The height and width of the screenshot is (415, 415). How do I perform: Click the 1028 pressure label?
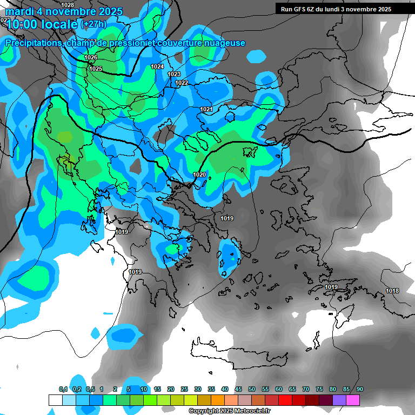(69, 4)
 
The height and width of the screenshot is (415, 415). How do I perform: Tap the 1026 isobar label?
(91, 57)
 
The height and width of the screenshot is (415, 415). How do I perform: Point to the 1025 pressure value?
(96, 69)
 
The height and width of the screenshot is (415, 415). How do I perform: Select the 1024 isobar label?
(157, 66)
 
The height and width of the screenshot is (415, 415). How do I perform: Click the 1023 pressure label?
(174, 74)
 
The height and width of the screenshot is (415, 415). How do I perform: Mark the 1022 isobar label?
(182, 83)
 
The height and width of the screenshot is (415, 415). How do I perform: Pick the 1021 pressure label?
(206, 109)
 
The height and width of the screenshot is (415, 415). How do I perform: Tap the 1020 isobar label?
(199, 175)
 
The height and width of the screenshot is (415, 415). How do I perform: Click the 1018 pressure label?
(392, 291)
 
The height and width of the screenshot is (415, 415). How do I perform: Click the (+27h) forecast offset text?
(93, 24)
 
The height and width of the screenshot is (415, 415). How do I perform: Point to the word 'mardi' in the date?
(19, 11)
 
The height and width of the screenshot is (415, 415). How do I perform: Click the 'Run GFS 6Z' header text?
(303, 9)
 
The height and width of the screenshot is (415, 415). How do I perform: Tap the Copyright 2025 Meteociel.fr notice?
(229, 411)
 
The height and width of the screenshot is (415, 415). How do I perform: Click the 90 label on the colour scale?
(360, 389)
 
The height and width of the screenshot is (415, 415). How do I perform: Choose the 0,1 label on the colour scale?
(63, 389)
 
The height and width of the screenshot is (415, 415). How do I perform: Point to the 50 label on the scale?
(252, 389)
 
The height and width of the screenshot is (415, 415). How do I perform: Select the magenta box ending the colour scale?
(353, 400)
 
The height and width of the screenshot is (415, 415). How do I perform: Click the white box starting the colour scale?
(55, 400)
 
